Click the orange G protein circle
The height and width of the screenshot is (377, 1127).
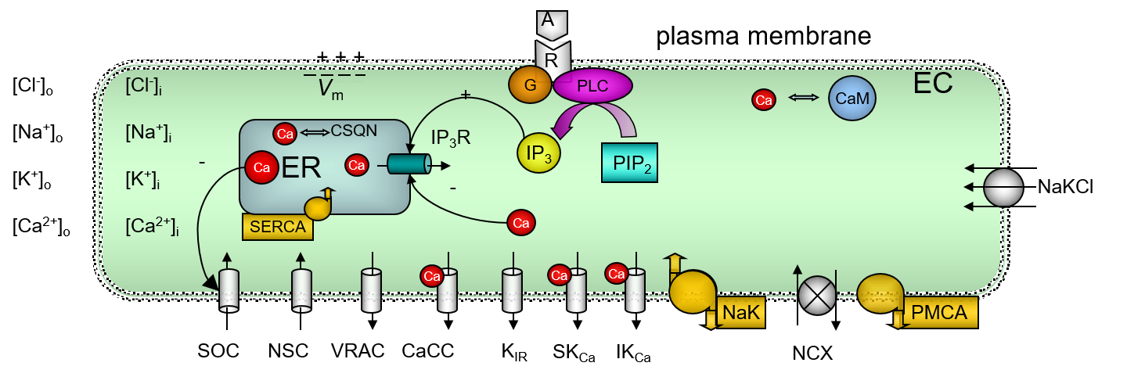530,84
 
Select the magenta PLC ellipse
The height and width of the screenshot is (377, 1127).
592,85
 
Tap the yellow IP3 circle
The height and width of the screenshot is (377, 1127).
538,153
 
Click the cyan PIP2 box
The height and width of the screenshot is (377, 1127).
629,163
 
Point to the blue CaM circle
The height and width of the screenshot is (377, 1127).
852,98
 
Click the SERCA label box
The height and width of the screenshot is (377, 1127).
278,227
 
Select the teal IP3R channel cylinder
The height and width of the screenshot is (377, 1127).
409,164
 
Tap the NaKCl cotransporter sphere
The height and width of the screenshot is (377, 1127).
1003,187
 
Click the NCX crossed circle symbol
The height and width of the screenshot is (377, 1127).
818,296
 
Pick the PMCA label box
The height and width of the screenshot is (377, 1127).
939,312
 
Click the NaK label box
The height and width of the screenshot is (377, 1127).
740,312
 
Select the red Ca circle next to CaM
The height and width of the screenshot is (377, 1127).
764,100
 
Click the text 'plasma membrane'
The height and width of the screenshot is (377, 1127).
763,36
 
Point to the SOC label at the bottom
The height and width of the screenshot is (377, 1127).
218,351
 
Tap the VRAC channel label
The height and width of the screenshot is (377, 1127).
358,351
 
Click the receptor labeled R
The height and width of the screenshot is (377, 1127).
552,60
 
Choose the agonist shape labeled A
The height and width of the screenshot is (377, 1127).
552,24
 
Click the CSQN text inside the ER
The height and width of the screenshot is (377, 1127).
354,131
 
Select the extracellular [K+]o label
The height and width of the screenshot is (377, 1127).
31,180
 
